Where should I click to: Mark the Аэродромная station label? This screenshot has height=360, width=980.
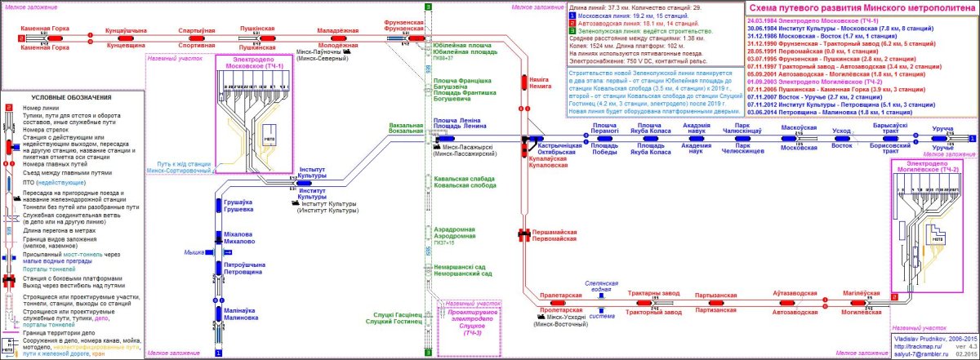[x=456, y=236]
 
